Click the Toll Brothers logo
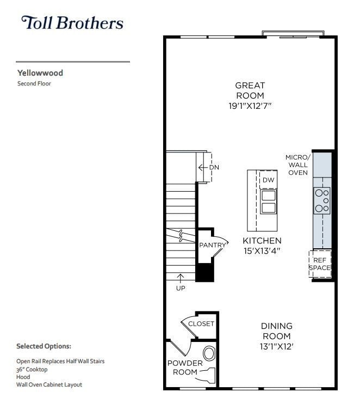(72, 23)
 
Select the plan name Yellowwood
(40, 72)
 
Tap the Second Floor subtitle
(34, 84)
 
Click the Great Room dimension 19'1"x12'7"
(250, 106)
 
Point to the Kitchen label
(262, 241)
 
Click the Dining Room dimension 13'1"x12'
(277, 346)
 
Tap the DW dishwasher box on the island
(268, 180)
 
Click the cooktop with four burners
(322, 200)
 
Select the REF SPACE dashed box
(320, 264)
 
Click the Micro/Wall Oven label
(297, 165)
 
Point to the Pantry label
(212, 245)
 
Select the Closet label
(201, 323)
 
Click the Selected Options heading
(44, 346)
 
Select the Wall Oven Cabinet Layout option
(49, 384)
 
